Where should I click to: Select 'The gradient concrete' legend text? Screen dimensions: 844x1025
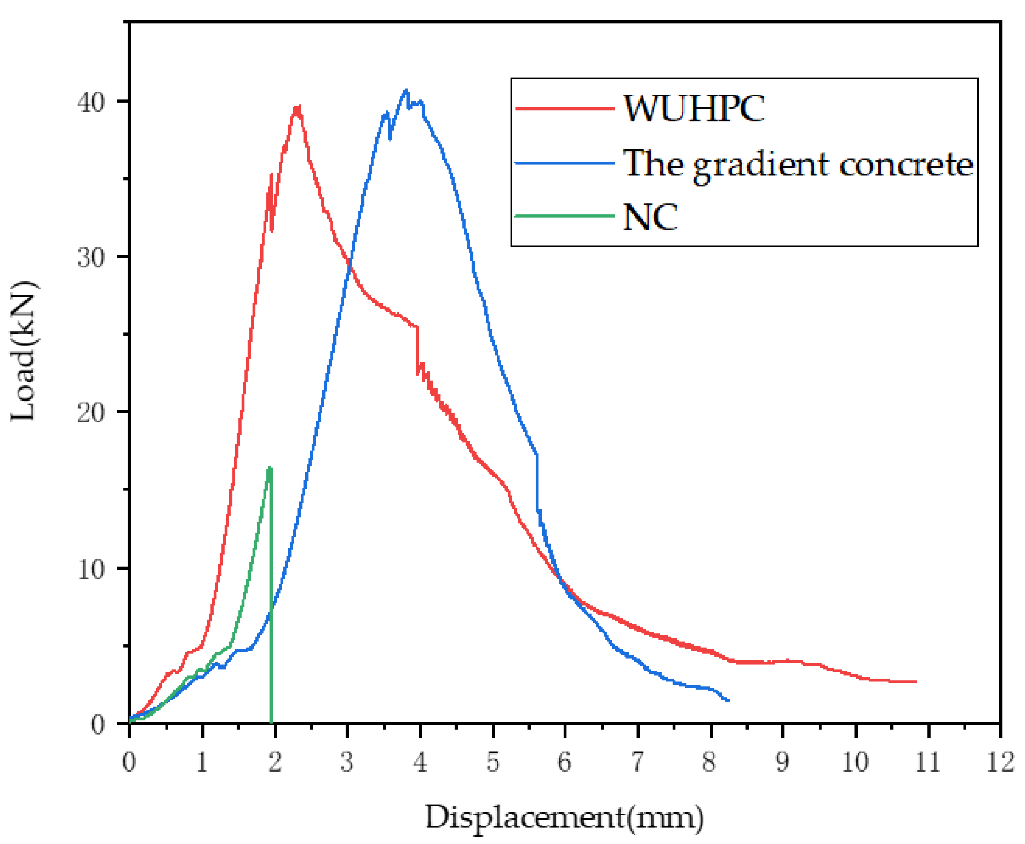tap(798, 164)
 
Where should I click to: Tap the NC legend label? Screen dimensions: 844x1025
tap(650, 217)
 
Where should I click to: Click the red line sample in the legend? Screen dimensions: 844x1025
tap(564, 108)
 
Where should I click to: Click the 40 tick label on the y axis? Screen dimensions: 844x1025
tap(91, 102)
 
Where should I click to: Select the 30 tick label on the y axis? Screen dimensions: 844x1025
tap(91, 258)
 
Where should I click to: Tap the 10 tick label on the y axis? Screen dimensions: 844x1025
tap(91, 569)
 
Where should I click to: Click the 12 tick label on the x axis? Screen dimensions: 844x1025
tap(1000, 762)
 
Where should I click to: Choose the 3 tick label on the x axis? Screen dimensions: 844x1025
tap(347, 762)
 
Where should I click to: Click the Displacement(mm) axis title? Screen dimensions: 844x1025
tap(564, 818)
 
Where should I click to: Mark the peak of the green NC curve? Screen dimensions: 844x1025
tap(270, 468)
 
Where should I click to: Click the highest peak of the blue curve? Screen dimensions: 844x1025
tap(406, 90)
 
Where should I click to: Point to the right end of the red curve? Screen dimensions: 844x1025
tap(916, 681)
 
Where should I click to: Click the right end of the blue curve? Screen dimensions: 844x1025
tap(728, 700)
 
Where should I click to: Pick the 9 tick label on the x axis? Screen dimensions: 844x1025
tap(782, 762)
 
